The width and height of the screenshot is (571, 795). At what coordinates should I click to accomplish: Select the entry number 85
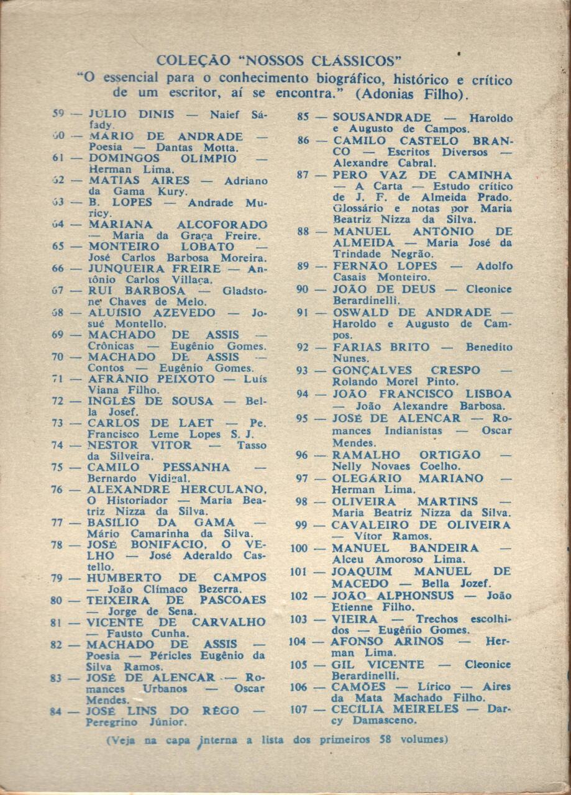[x=303, y=117]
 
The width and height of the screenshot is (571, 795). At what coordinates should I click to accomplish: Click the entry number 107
[x=299, y=710]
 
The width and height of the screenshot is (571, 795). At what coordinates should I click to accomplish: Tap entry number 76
[x=57, y=489]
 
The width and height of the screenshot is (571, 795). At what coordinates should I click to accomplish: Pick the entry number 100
[x=299, y=548]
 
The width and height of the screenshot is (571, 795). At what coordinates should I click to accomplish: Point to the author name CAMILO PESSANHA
[x=158, y=467]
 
